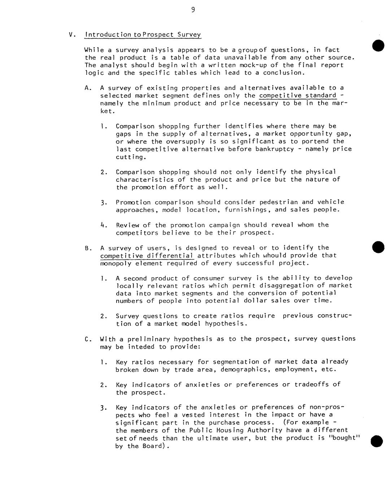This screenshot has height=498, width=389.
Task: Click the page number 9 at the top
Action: coord(193,10)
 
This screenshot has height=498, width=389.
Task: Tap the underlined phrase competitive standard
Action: coord(298,96)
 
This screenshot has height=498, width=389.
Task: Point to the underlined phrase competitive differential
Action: coord(147,255)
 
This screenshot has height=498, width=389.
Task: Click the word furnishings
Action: coord(246,210)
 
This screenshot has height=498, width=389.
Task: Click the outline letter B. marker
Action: coord(87,248)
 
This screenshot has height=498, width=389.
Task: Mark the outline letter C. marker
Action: coord(87,339)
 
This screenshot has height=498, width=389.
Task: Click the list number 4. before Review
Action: coord(103,225)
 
